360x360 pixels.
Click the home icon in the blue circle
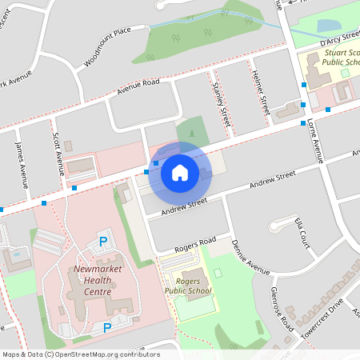179,171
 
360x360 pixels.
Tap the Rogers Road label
197,241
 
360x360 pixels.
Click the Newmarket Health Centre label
97,281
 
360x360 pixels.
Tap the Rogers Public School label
189,285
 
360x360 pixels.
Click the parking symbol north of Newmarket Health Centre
102,241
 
